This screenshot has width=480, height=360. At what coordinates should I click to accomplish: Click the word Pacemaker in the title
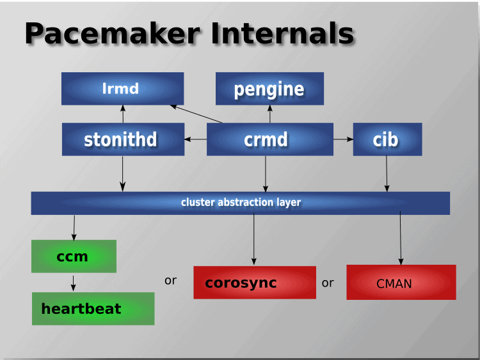[112, 33]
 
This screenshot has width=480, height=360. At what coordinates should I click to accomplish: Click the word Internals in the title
[282, 33]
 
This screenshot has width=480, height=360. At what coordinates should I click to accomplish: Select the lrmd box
[122, 89]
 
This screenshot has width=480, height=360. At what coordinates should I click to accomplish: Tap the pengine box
[269, 89]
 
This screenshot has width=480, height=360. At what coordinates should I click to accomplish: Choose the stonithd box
[123, 139]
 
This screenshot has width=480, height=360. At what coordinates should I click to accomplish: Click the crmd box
[270, 139]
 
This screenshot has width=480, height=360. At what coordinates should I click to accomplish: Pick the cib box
[388, 139]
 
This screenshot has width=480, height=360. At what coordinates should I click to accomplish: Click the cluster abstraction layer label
[241, 202]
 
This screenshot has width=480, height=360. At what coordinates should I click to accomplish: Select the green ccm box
[74, 256]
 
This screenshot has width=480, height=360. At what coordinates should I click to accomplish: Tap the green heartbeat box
[93, 309]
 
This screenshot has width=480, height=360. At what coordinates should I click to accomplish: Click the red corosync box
[255, 283]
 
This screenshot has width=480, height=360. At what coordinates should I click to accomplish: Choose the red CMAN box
[401, 283]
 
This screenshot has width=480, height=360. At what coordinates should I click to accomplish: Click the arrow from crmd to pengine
[270, 114]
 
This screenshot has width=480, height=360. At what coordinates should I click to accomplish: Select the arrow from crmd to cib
[343, 139]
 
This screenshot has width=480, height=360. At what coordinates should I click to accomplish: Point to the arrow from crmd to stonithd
[196, 139]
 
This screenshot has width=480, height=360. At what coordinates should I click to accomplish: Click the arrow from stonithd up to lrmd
[123, 114]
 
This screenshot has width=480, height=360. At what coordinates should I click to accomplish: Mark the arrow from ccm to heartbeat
[73, 283]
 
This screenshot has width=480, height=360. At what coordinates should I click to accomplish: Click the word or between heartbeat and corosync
[170, 281]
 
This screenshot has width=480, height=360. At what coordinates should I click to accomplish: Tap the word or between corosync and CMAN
[328, 283]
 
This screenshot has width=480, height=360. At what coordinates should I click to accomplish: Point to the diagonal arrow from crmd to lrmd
[196, 114]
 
